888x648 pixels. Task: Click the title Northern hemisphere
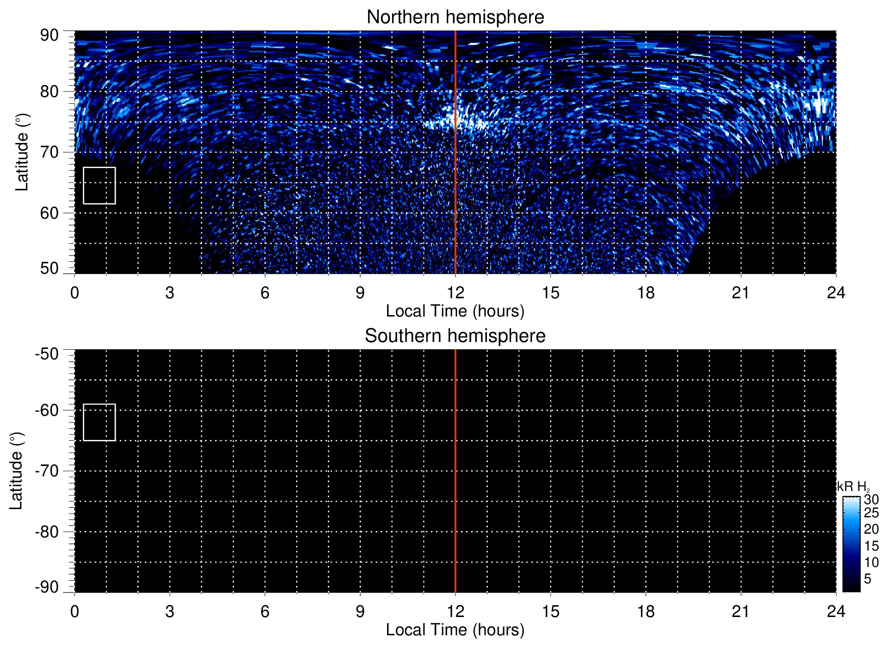(455, 17)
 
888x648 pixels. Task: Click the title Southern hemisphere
(455, 336)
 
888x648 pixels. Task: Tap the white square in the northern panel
(99, 185)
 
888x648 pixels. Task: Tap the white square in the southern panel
(99, 422)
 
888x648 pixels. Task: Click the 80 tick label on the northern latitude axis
(49, 92)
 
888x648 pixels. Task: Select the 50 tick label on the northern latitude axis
(49, 268)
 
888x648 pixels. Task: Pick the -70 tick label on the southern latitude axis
(46, 471)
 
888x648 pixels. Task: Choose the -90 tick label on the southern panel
(46, 587)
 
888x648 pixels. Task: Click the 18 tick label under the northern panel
(646, 293)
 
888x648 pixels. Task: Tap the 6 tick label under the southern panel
(265, 612)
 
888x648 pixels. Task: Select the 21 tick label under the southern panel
(741, 612)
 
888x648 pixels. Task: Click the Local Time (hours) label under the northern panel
(455, 311)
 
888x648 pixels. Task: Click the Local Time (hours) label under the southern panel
(455, 630)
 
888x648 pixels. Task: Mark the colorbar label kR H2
(853, 486)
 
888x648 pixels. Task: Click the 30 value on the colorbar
(871, 500)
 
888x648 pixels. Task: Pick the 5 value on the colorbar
(868, 579)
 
